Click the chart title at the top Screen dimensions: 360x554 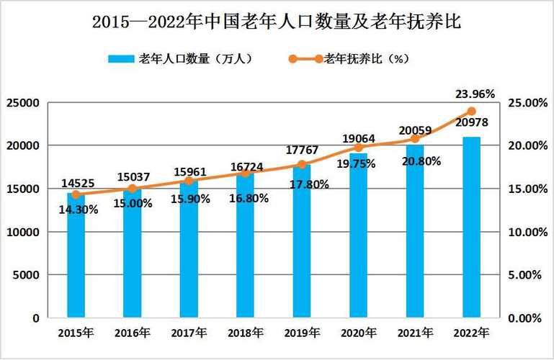point(277,22)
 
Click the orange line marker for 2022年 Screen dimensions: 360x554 point(471,111)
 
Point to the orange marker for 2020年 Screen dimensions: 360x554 point(359,147)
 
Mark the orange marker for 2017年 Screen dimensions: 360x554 point(189,181)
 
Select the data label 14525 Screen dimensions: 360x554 point(76,183)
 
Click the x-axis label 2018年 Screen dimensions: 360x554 point(245,333)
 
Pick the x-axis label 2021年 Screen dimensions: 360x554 point(415,333)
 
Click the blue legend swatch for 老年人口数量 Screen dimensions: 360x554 point(121,59)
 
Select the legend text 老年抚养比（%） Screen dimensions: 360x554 point(367,59)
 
